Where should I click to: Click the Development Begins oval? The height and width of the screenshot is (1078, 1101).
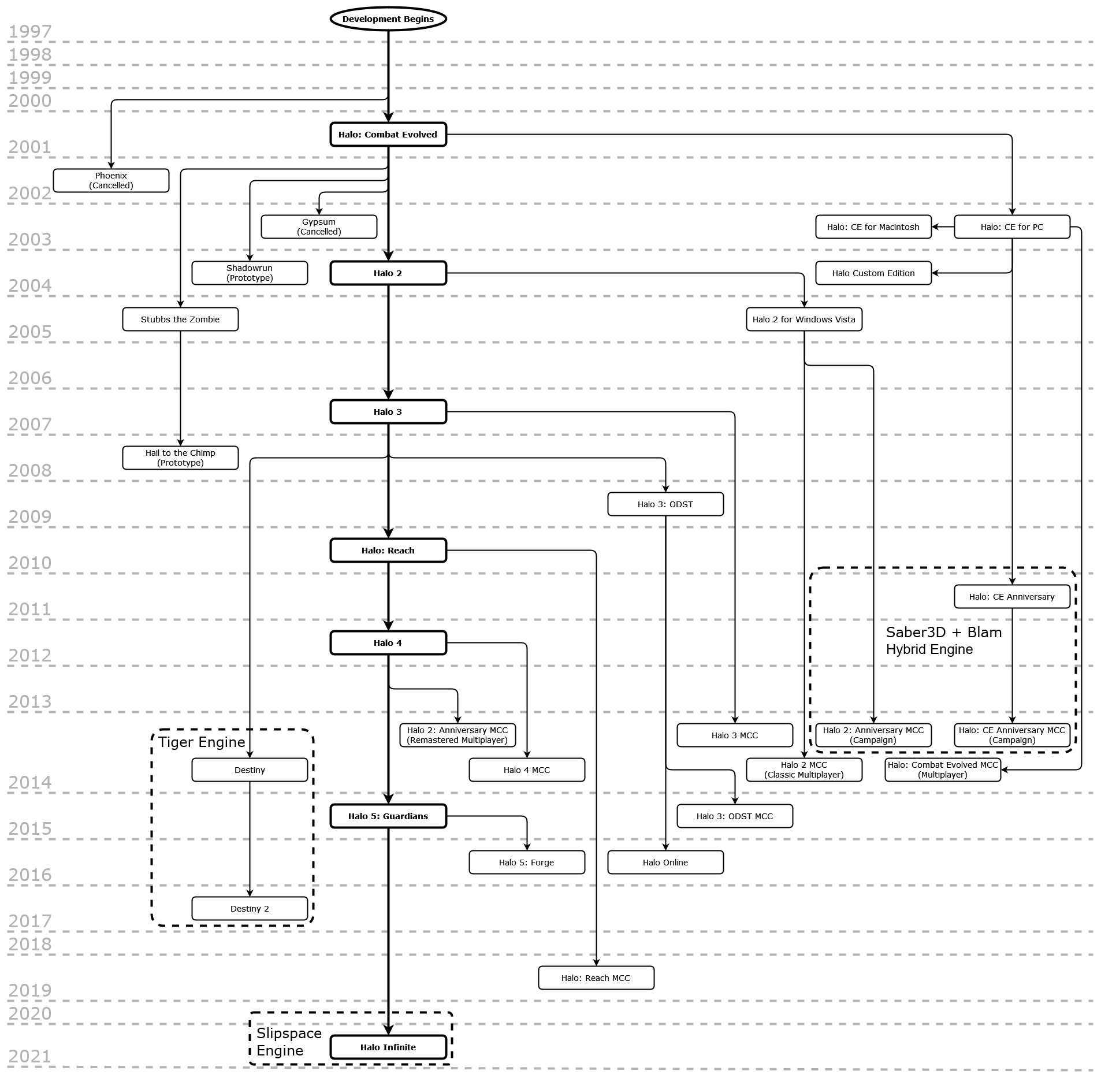click(x=388, y=18)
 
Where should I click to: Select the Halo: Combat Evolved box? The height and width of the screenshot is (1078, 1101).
click(x=388, y=135)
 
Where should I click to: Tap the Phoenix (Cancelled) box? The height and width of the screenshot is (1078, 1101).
click(x=111, y=180)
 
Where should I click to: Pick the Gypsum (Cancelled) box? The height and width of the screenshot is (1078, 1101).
click(x=319, y=226)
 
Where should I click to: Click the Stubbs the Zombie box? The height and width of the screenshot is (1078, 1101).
click(x=180, y=319)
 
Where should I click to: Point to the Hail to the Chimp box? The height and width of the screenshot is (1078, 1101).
click(x=180, y=458)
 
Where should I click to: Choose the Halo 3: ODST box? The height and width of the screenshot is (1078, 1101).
click(x=665, y=504)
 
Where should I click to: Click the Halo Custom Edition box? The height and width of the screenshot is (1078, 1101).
click(x=873, y=273)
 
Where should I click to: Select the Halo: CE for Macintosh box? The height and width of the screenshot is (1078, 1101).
click(x=873, y=226)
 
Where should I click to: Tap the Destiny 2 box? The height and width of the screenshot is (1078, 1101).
click(x=250, y=908)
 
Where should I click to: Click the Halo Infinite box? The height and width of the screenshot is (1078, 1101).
click(x=388, y=1047)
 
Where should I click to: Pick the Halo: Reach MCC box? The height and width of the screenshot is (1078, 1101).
click(x=596, y=977)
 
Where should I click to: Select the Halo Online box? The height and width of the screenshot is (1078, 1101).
click(x=665, y=862)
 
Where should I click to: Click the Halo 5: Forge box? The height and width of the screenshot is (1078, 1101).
click(x=527, y=862)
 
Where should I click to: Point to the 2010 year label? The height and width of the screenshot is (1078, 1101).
click(x=30, y=563)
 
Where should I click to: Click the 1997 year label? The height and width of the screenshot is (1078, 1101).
click(x=30, y=31)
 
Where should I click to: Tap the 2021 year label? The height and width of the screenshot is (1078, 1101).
click(x=30, y=1057)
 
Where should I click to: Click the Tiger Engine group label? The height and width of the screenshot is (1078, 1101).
click(x=202, y=742)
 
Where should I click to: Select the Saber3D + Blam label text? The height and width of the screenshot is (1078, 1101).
click(x=944, y=632)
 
